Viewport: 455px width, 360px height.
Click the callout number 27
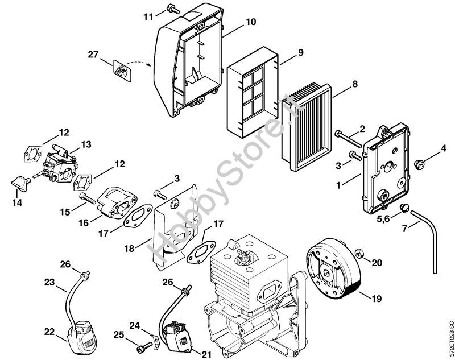[x=93, y=55]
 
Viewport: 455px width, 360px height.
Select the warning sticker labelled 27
[x=122, y=71]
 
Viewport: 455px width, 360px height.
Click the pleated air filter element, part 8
[x=307, y=126]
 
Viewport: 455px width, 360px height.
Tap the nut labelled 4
[x=419, y=165]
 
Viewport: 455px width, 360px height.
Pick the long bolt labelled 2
[x=348, y=139]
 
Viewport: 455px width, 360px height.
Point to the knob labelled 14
[x=21, y=183]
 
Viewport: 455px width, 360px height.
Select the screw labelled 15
[x=88, y=198]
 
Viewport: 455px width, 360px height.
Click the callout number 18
[x=130, y=249]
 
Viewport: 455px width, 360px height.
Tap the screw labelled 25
[x=145, y=345]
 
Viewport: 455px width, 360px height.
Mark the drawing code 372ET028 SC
[x=450, y=340]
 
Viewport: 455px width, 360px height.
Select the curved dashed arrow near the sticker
[x=140, y=63]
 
